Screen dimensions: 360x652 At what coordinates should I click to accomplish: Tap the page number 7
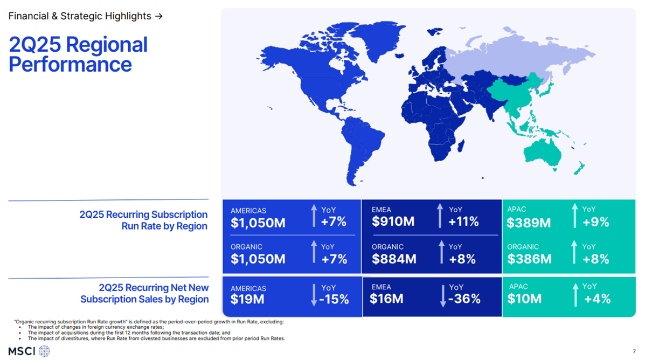[634, 352]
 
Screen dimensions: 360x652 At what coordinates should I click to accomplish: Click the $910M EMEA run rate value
[393, 221]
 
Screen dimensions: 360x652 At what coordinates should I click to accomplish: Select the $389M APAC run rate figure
[528, 222]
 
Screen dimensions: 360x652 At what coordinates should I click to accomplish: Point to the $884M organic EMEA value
[393, 259]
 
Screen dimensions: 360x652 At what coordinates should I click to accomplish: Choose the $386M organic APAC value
[529, 259]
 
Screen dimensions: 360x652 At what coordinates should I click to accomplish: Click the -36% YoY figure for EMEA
[464, 299]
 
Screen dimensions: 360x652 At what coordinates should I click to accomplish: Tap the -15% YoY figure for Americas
[334, 299]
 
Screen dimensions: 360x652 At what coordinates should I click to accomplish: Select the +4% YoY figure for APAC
[597, 299]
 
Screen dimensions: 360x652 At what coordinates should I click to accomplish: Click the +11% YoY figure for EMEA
[463, 221]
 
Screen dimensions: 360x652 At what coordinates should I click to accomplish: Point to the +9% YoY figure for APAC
[595, 221]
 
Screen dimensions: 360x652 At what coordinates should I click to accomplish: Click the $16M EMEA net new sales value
[386, 299]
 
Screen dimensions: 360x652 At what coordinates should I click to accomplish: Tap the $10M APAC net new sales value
[524, 299]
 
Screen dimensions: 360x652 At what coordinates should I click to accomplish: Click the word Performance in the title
[70, 64]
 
